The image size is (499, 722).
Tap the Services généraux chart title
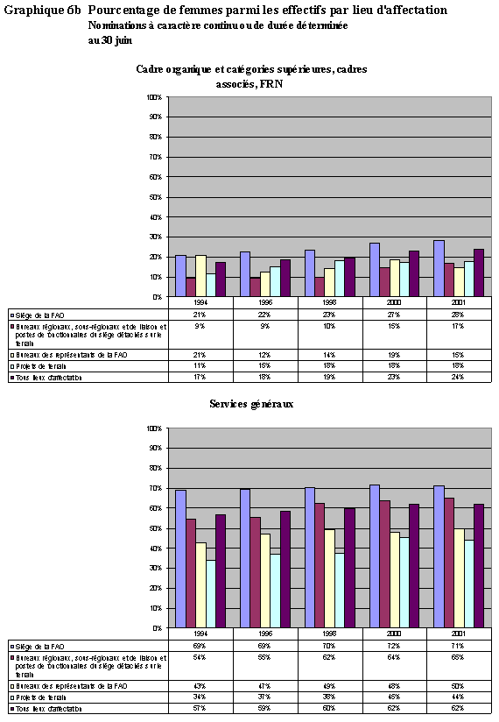coord(250,404)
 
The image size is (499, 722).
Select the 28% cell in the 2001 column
coord(458,313)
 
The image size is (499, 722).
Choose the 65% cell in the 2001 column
coord(458,656)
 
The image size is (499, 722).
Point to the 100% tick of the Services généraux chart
coord(154,428)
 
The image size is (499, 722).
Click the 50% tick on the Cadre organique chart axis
coord(156,196)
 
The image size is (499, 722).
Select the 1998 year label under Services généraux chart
coord(329,634)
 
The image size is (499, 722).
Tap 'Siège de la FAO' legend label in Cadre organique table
coord(39,313)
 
